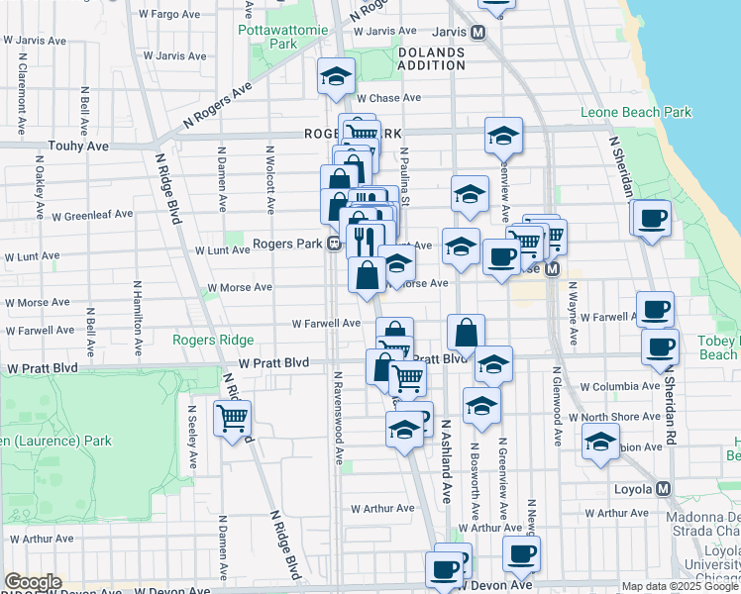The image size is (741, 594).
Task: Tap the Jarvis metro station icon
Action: (x=477, y=33)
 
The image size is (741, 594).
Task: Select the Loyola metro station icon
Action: (x=663, y=489)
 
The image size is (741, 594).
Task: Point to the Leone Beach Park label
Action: (x=636, y=112)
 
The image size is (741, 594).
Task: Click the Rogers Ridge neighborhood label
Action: (x=213, y=340)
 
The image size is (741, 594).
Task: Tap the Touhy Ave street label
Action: (x=72, y=146)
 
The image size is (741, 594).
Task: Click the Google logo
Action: (x=32, y=582)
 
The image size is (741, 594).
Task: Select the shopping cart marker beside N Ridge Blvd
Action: (x=232, y=418)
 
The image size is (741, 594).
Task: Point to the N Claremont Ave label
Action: (x=21, y=89)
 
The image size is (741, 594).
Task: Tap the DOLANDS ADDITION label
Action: (x=431, y=58)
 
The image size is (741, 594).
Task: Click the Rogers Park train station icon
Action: (x=335, y=243)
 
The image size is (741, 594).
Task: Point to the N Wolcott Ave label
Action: (x=268, y=180)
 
